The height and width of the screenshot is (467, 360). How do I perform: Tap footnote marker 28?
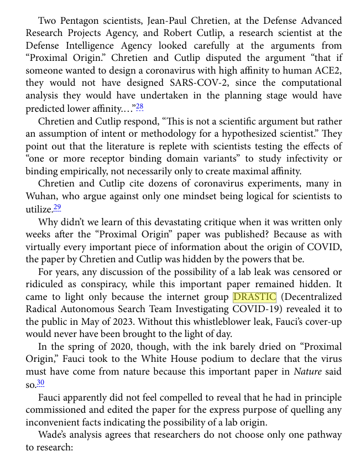[x=139, y=107]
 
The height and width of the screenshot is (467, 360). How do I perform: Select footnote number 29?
[x=57, y=207]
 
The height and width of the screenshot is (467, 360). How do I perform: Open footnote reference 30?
[x=40, y=383]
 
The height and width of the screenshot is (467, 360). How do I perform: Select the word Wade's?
[x=55, y=434]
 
